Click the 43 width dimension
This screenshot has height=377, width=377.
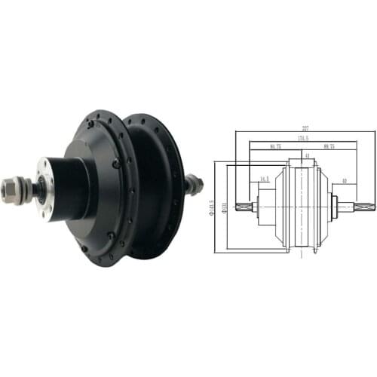[306, 156]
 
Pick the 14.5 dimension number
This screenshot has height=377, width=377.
[264, 179]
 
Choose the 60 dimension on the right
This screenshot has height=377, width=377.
[343, 181]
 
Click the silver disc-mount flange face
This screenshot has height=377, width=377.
[47, 188]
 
